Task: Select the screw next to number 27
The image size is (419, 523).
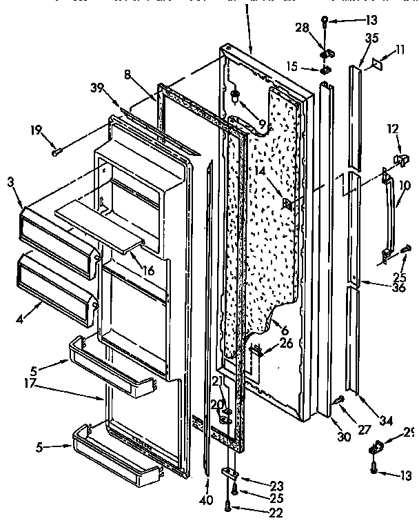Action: pos(338,399)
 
